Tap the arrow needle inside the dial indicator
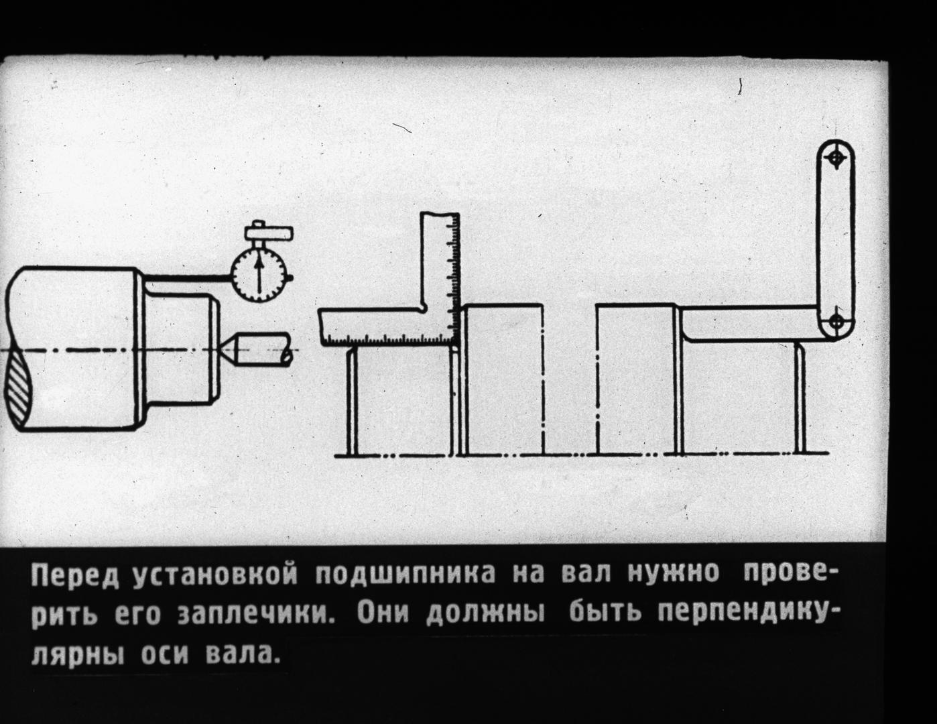coord(259,274)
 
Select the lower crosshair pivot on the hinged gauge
coord(836,321)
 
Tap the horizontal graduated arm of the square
coord(388,327)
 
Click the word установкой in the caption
coord(215,576)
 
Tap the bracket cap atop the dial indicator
coord(268,233)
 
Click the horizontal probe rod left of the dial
coord(188,279)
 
